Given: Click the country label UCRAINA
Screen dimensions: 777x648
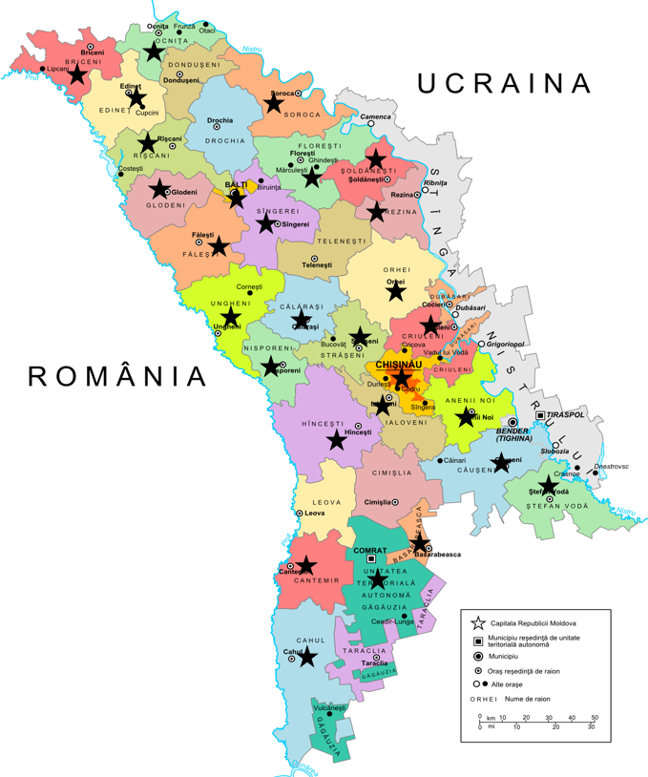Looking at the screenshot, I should coord(505,83).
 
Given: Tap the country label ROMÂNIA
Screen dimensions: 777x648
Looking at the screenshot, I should coord(118,375).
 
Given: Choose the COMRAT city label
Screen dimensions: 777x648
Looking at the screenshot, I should coord(370,550).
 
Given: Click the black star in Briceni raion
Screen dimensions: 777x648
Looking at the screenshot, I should coord(77,73).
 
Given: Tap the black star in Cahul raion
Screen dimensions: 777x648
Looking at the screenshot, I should coord(307,657).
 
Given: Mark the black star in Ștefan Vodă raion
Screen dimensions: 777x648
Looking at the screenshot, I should coord(548,485).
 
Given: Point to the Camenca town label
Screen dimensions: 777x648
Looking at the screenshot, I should coord(375,116).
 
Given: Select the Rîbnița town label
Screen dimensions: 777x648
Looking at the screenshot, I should coord(434,182).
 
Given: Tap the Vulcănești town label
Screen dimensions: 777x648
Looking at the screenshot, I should coord(329,707).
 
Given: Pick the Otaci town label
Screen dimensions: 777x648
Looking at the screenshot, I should coord(207,31).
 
